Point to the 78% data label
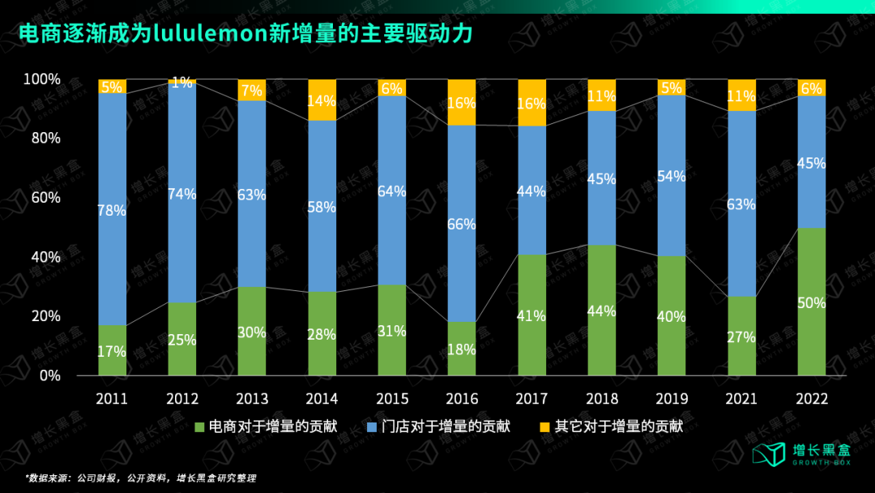pos(112,211)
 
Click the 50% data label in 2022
pos(811,303)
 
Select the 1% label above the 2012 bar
pos(182,82)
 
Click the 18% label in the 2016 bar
pos(462,349)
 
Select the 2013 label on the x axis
pos(252,399)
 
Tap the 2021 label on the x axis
pos(741,399)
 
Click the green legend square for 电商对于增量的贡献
pos(200,427)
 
